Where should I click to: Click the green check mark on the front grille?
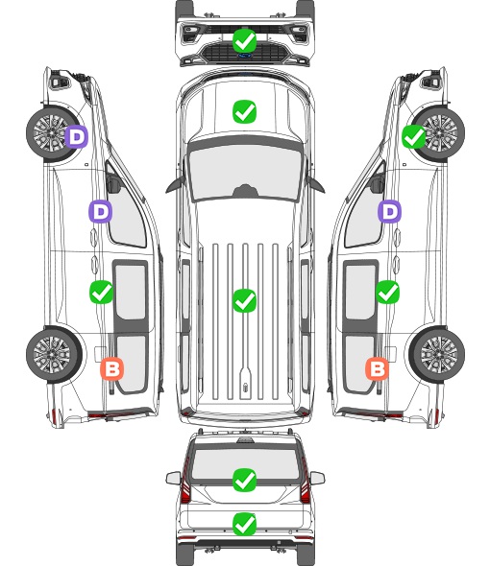tap(244, 40)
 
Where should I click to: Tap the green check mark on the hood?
tap(244, 111)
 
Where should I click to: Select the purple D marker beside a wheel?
tap(76, 136)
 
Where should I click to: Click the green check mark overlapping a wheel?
tap(414, 136)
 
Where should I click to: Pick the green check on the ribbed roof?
tap(244, 300)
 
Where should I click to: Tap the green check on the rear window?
tap(244, 480)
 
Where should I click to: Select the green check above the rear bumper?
tap(244, 524)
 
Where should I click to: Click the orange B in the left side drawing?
tap(112, 368)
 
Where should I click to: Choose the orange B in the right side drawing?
tap(378, 368)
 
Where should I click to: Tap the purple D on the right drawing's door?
tap(389, 211)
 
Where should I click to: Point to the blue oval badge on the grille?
tap(245, 56)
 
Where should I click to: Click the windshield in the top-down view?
tap(245, 173)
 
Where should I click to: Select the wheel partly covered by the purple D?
tap(54, 132)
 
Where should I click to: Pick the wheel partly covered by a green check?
tap(437, 132)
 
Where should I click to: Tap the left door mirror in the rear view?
tap(174, 478)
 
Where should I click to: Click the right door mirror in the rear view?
tap(317, 478)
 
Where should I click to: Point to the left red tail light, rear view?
tap(185, 483)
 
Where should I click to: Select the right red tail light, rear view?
tap(305, 483)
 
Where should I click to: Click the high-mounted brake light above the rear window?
tap(245, 439)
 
